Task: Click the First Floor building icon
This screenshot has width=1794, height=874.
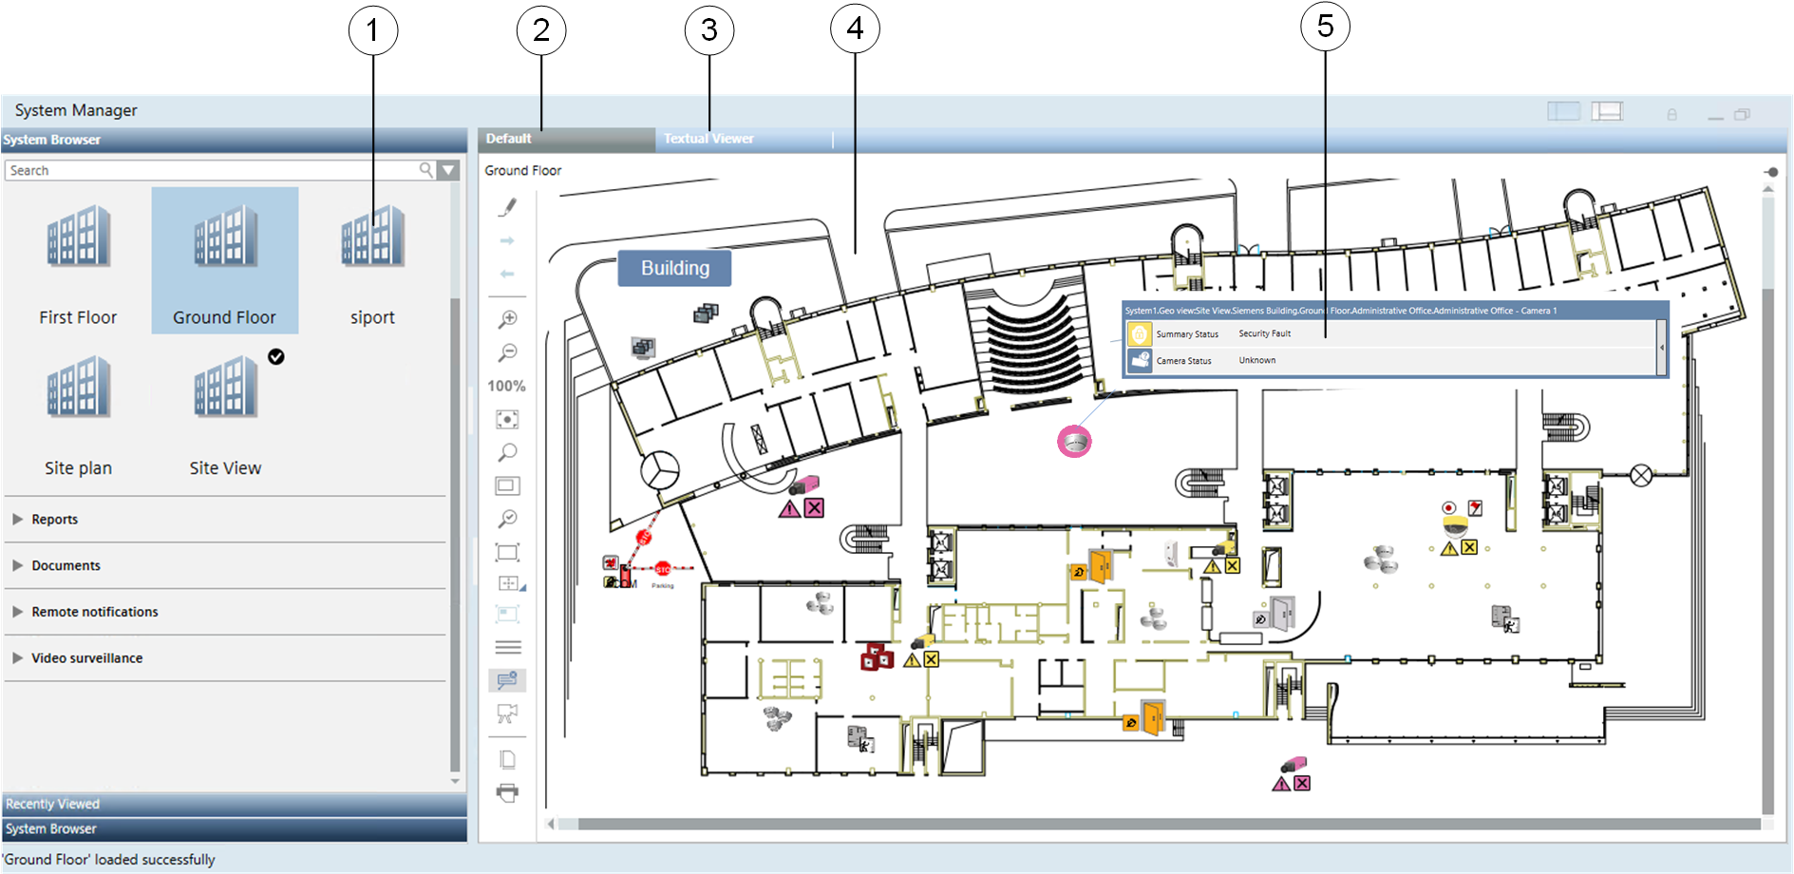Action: pos(79,237)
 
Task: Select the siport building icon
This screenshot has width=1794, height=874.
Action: pos(372,237)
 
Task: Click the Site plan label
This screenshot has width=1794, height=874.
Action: pos(78,468)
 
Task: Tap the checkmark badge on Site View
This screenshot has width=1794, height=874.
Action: pos(275,357)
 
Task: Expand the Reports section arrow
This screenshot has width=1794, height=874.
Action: pos(17,520)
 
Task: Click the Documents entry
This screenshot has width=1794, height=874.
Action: pos(66,566)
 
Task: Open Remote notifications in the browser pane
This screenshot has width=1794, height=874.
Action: pos(95,613)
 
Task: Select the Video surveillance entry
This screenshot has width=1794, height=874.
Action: pos(86,658)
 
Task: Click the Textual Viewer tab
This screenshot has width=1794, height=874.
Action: pos(708,139)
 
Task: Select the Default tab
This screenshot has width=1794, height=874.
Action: pos(509,139)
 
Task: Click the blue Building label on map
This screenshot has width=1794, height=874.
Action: pos(674,269)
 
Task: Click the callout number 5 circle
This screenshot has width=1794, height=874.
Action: pos(1325,28)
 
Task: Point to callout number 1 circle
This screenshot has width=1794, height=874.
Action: pos(372,30)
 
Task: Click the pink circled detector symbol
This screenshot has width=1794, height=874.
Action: pos(1074,442)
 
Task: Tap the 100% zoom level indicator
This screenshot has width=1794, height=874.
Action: pos(506,387)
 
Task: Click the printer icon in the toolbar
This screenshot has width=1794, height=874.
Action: pos(508,793)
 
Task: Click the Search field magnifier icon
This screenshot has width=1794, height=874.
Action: pos(426,170)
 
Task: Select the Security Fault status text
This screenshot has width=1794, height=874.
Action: pos(1264,334)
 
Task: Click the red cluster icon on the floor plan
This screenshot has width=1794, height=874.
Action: pos(876,656)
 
